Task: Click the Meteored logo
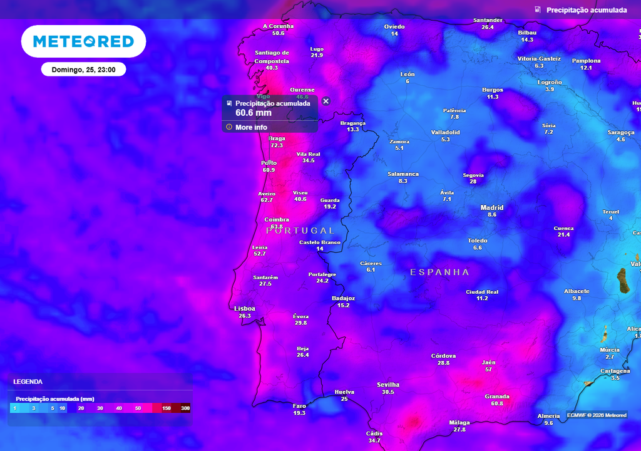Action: [x=83, y=41]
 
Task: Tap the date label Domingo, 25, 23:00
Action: [x=83, y=70]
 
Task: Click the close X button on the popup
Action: [x=326, y=101]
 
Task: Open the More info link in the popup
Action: [x=251, y=127]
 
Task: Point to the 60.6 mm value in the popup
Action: [x=254, y=113]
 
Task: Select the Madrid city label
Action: [x=492, y=207]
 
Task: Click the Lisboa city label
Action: [x=244, y=308]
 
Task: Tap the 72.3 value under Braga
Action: [x=277, y=145]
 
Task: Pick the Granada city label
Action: [x=497, y=397]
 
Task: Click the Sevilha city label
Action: [x=388, y=385]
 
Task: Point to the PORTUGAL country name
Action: [x=300, y=231]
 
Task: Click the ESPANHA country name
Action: [x=439, y=272]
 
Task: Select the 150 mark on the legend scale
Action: [x=167, y=408]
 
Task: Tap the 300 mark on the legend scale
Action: [x=185, y=408]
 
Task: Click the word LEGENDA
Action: [x=28, y=381]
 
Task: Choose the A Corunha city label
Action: [x=278, y=26]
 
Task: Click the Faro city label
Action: [x=299, y=406]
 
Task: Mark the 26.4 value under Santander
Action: [x=488, y=28]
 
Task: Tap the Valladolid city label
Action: [x=446, y=132]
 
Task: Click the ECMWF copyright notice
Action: [x=597, y=415]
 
